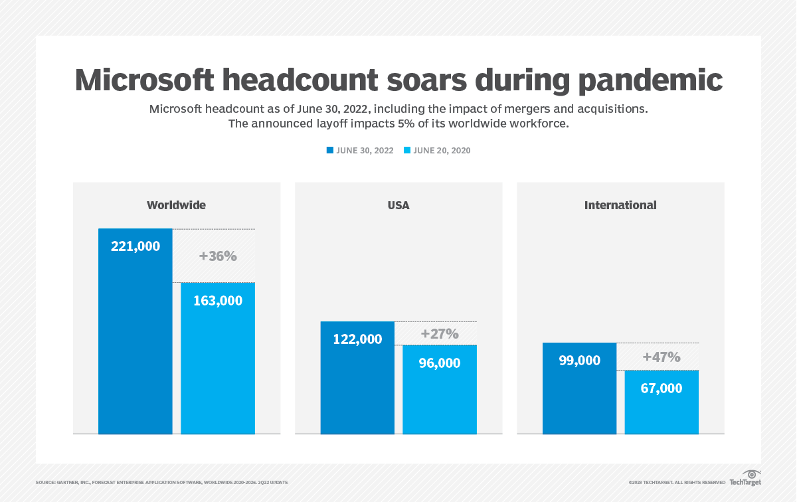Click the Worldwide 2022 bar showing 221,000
[x=135, y=331]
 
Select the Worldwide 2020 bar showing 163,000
[x=218, y=359]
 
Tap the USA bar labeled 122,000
[x=357, y=378]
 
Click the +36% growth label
[x=218, y=256]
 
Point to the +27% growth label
[x=440, y=334]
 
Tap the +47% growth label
[x=662, y=357]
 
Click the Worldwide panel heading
[x=176, y=205]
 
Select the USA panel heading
[x=398, y=205]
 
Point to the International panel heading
[x=620, y=205]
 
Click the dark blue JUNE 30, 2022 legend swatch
[x=329, y=151]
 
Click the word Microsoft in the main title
[x=144, y=80]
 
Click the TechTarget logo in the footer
[x=745, y=479]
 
